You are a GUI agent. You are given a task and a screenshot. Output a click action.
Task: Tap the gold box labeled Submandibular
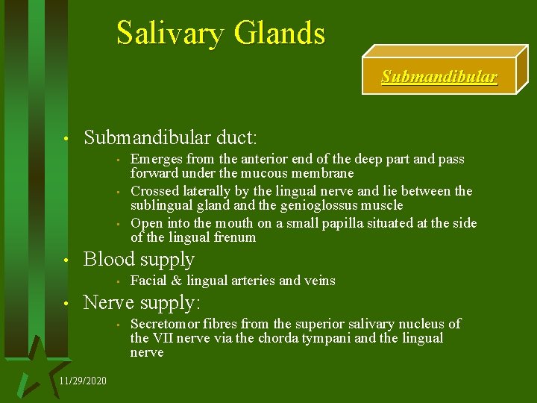point(439,77)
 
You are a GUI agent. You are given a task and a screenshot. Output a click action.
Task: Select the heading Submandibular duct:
point(171,137)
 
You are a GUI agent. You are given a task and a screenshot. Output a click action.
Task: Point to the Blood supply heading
point(139,260)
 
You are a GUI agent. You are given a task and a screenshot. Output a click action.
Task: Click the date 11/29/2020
point(82,381)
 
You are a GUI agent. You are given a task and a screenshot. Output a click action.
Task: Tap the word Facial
point(148,281)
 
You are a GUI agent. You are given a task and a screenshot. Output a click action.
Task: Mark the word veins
point(319,281)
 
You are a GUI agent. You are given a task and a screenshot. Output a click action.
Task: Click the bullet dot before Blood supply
point(66,261)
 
